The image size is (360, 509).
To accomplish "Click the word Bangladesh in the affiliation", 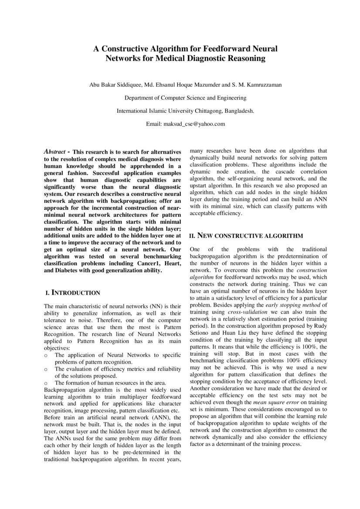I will tap(239, 111).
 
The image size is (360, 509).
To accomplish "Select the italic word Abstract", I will tap(55, 152).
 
